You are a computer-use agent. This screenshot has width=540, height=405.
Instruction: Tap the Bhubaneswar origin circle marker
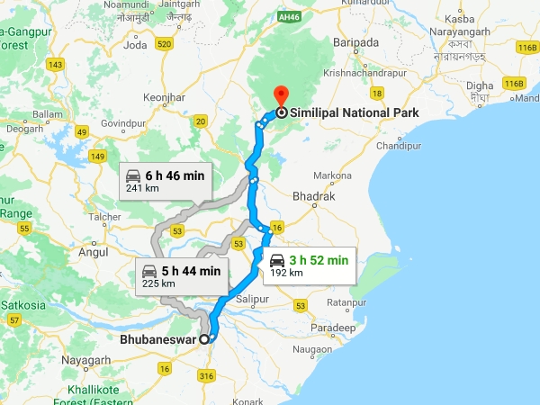click(x=204, y=339)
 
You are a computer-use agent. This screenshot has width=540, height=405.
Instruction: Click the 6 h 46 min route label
click(x=175, y=175)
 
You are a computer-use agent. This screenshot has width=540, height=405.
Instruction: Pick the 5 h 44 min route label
click(x=190, y=271)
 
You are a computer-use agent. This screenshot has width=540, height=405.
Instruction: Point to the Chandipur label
click(x=398, y=145)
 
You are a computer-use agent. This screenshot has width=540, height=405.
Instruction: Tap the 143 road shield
click(x=57, y=65)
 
